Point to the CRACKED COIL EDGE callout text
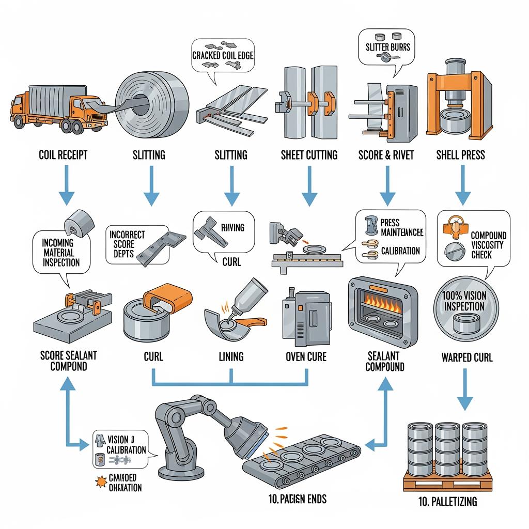tap(223, 55)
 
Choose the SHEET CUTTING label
tap(308, 155)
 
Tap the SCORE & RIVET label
tap(386, 155)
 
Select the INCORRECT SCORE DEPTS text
tap(128, 244)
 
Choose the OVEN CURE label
tap(306, 356)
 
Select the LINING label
tap(231, 356)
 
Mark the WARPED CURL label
tap(466, 357)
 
